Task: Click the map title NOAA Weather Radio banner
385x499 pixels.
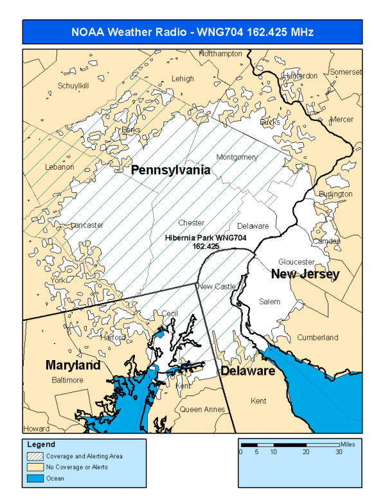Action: point(192,32)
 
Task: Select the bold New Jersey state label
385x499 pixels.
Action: point(305,275)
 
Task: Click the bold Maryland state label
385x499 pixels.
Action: point(73,365)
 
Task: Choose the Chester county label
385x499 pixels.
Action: point(191,223)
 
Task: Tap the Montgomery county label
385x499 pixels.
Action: point(237,157)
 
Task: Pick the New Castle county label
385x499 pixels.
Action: point(217,286)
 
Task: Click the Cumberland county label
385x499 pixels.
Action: point(317,338)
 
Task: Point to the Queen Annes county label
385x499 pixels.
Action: point(200,409)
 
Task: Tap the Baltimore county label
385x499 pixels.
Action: point(67,380)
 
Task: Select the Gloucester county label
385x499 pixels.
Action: point(296,262)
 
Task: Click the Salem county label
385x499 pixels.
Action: point(269,301)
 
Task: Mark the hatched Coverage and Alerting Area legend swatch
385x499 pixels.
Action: point(37,456)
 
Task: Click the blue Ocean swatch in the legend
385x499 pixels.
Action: point(37,478)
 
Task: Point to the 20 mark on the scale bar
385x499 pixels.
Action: point(306,451)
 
